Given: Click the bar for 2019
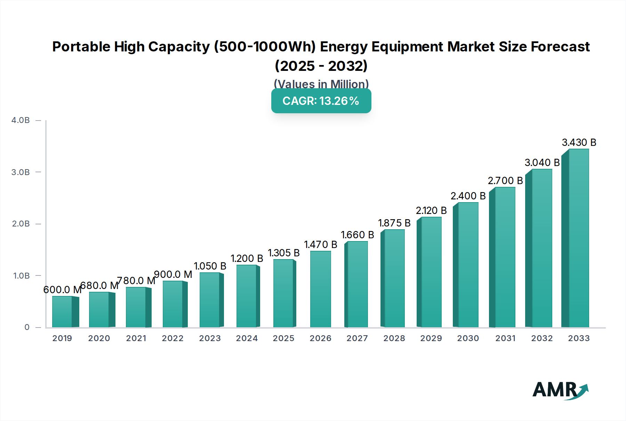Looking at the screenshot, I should click(x=63, y=312).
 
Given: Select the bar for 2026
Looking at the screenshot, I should click(x=320, y=289).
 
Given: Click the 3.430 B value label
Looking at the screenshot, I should click(x=579, y=142).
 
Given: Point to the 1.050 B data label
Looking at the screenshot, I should click(x=210, y=266).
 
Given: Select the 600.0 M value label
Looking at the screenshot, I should click(x=62, y=290).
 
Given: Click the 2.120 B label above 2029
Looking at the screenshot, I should click(x=431, y=210).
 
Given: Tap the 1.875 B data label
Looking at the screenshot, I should click(x=394, y=223).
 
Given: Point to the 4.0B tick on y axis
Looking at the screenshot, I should click(x=21, y=120).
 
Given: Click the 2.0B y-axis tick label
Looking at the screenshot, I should click(x=21, y=224).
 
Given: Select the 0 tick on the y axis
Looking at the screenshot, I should click(x=27, y=327).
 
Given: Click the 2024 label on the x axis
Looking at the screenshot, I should click(x=247, y=338).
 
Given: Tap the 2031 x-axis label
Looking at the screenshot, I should click(x=505, y=338).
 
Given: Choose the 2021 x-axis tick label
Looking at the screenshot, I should click(x=136, y=338).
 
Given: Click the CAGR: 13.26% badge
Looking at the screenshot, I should click(x=321, y=101).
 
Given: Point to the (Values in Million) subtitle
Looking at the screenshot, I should click(x=321, y=84).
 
